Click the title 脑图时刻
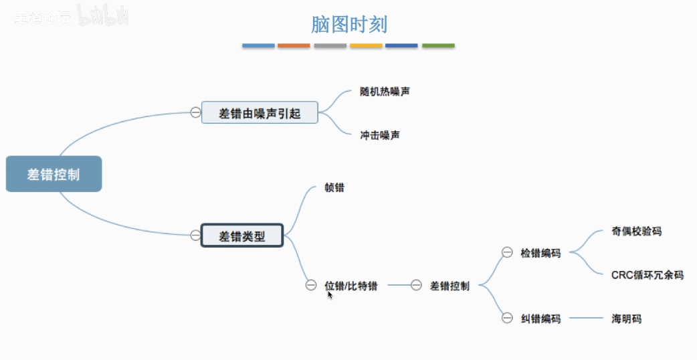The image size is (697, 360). [349, 25]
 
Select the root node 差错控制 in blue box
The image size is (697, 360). [54, 174]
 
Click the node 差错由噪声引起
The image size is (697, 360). [260, 113]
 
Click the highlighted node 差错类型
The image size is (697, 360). [242, 236]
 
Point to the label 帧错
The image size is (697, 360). [334, 188]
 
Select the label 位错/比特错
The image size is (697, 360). [351, 286]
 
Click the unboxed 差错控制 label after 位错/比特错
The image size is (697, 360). [450, 286]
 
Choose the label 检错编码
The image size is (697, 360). [540, 253]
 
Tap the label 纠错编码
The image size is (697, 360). [540, 319]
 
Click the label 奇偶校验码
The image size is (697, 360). [636, 231]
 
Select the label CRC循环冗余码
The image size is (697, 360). [647, 274]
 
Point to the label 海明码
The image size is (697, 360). [626, 319]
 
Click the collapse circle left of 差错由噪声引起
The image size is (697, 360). [195, 112]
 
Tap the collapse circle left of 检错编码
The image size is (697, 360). [507, 252]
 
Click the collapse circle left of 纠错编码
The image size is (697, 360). [507, 319]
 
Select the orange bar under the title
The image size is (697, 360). [294, 46]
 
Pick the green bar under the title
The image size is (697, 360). [438, 46]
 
